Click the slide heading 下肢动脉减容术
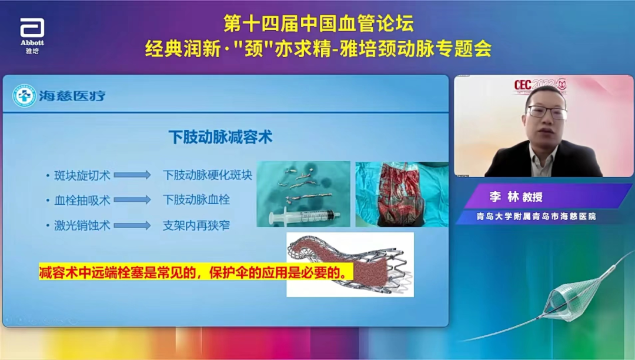220,137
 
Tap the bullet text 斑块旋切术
82,175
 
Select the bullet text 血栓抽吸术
82,200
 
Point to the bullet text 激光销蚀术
82,225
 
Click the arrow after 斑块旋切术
132,175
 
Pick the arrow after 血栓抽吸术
132,200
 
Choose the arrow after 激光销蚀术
132,225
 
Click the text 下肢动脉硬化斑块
208,175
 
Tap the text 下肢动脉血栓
196,200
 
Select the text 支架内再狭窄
196,225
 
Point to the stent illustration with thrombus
350,264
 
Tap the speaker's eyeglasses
546,111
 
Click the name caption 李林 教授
517,198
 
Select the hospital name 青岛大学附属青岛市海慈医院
536,216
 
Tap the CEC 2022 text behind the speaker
532,85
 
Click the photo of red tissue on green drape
402,194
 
